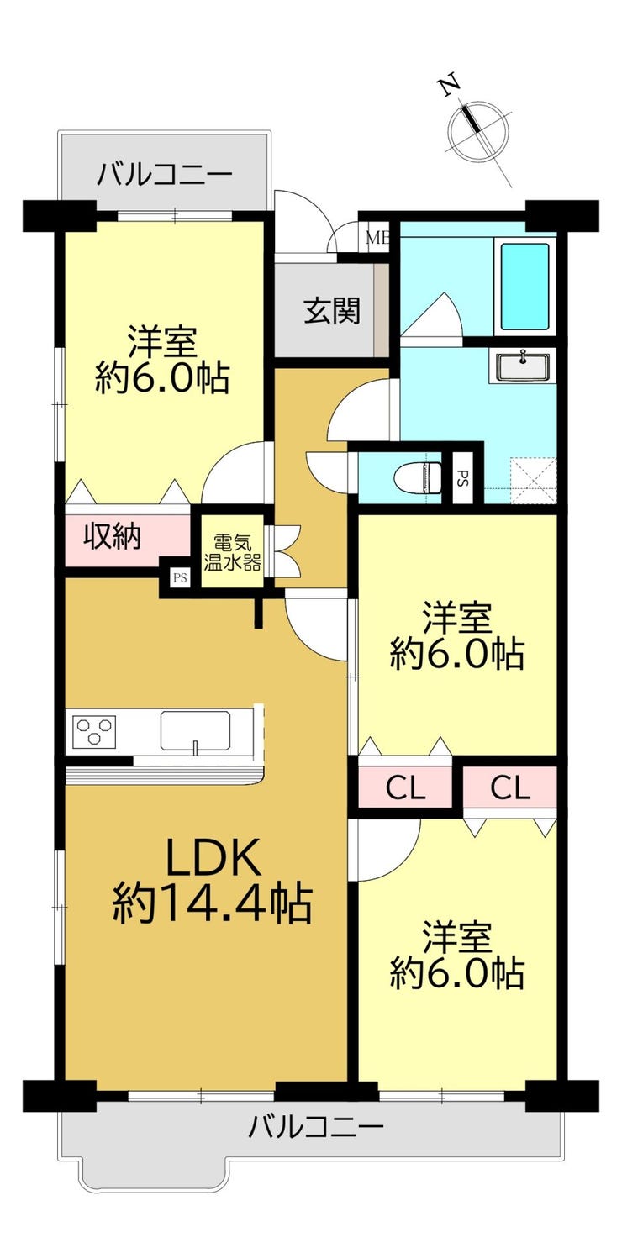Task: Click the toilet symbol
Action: pyautogui.click(x=417, y=478)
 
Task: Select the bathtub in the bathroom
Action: pyautogui.click(x=524, y=287)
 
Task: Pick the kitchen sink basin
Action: pyautogui.click(x=196, y=731)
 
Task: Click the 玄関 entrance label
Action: pyautogui.click(x=332, y=310)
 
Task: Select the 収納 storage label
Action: pyautogui.click(x=113, y=537)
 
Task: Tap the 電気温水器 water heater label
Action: pyautogui.click(x=233, y=553)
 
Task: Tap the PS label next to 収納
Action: pyautogui.click(x=180, y=577)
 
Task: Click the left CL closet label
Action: pyautogui.click(x=406, y=787)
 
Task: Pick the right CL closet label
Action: pyautogui.click(x=510, y=787)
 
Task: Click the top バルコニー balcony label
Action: pyautogui.click(x=165, y=175)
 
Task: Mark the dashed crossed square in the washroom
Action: pyautogui.click(x=534, y=478)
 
